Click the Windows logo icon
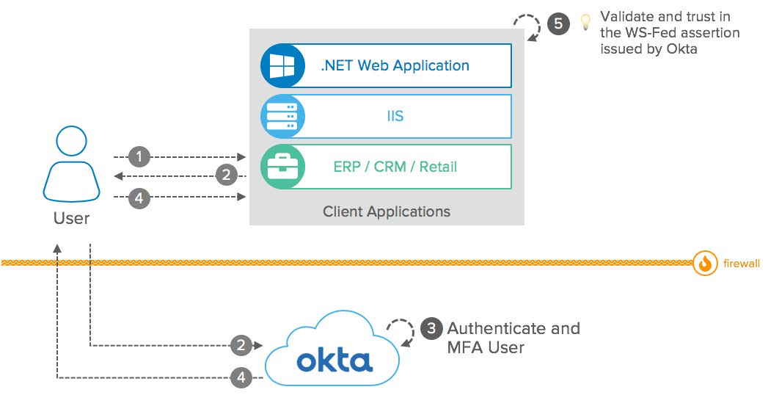point(282,66)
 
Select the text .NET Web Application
point(395,65)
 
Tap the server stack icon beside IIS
point(282,116)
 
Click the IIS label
point(395,116)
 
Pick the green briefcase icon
point(282,167)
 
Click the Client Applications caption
point(387,211)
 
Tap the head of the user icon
point(71,142)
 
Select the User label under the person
point(71,217)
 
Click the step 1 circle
point(139,156)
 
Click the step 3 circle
point(432,329)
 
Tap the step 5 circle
point(557,23)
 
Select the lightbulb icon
point(585,22)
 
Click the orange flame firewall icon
point(705,263)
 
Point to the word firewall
point(741,263)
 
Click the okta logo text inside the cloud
point(334,360)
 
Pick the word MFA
point(465,347)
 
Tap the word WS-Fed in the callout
point(646,33)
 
